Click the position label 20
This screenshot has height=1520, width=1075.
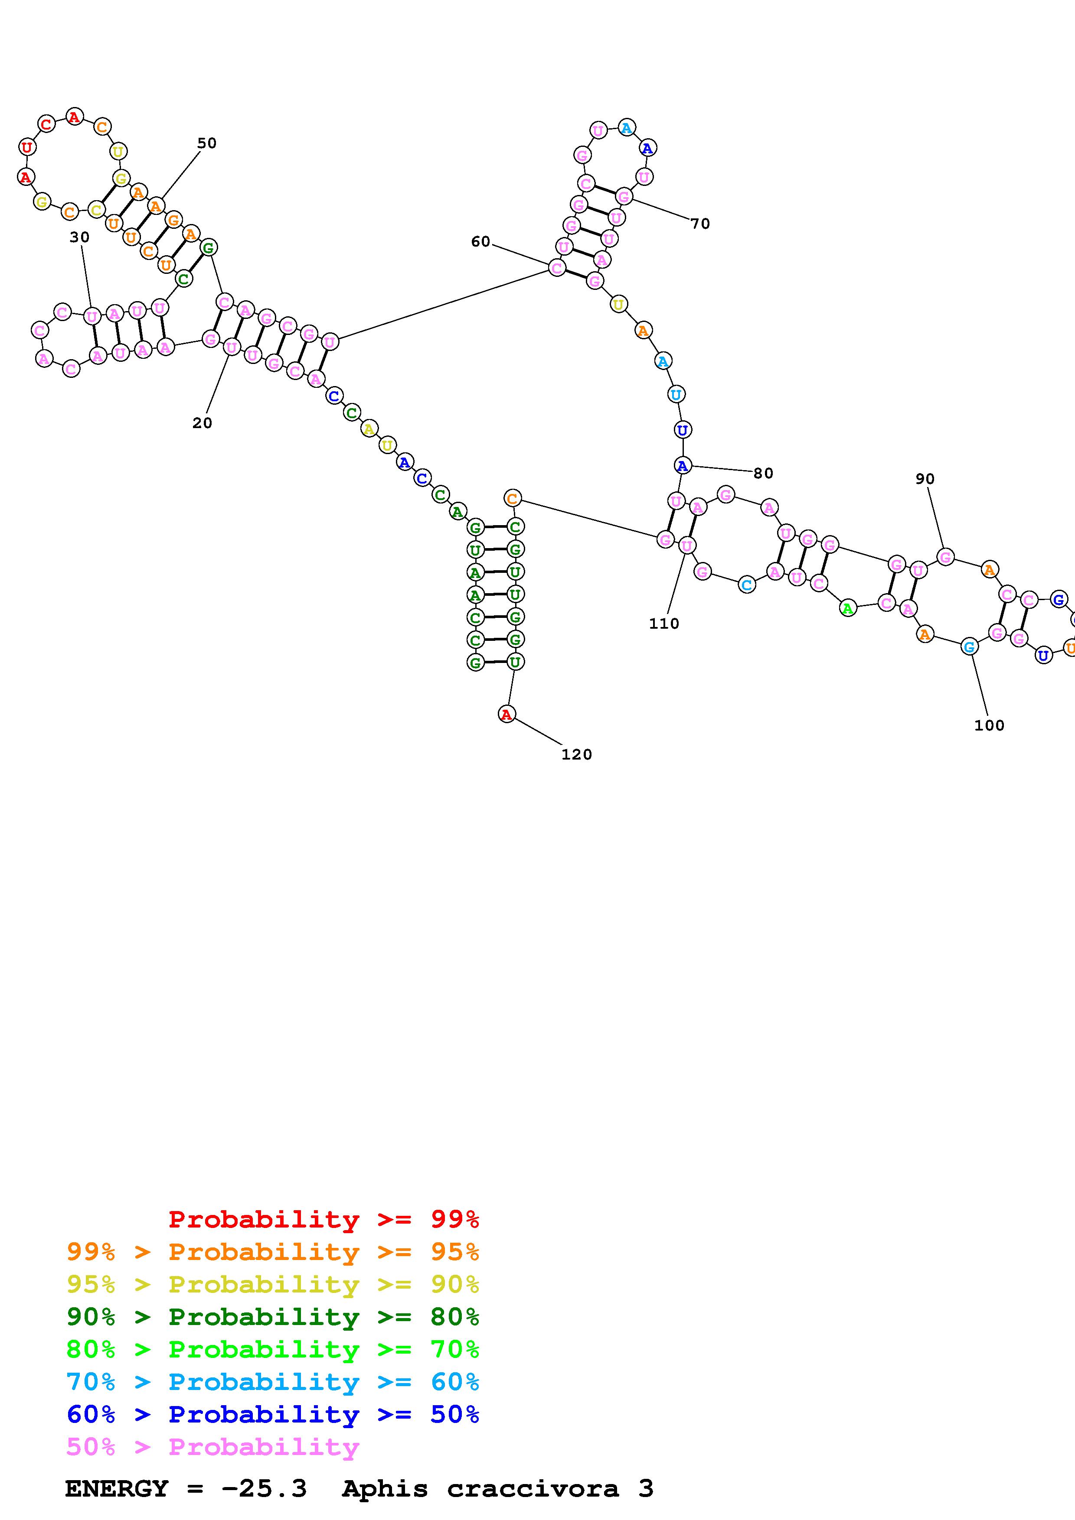(202, 423)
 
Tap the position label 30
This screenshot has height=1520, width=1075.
(79, 237)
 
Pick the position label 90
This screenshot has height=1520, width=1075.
(925, 479)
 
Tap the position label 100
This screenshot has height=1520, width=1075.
(989, 726)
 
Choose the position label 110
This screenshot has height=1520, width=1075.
(663, 624)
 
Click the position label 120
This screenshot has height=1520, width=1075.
(576, 755)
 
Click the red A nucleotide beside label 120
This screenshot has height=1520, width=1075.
(506, 715)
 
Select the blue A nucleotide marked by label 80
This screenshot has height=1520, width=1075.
(682, 466)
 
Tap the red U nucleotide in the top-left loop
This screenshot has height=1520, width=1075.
(27, 147)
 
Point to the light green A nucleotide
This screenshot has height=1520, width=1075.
(848, 608)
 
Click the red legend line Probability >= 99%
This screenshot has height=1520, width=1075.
(323, 1219)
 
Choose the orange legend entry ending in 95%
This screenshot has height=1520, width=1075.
(273, 1252)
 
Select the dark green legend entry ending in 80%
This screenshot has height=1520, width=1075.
(273, 1317)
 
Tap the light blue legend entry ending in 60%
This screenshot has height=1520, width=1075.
(273, 1382)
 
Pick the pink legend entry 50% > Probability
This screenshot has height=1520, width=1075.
(212, 1446)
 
